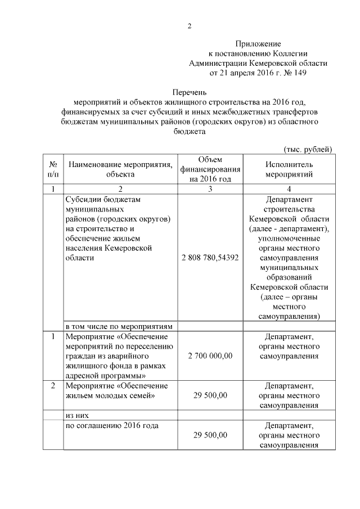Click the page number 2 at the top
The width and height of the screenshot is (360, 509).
190,26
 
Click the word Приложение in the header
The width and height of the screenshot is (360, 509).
258,43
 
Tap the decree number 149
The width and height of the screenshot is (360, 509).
301,73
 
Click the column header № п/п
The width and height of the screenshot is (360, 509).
53,169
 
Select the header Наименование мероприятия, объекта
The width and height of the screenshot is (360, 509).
119,169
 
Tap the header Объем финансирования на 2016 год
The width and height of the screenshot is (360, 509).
210,169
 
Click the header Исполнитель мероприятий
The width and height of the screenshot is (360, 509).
289,169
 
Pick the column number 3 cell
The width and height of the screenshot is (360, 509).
210,189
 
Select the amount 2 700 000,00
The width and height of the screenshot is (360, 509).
210,356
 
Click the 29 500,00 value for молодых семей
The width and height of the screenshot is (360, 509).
210,395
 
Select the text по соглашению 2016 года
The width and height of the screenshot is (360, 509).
112,425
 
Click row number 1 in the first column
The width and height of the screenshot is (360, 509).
53,337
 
